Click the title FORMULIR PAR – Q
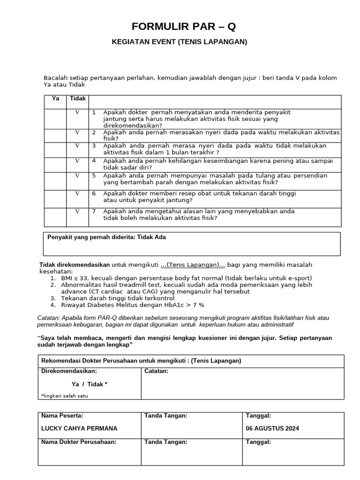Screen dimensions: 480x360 click(180, 26)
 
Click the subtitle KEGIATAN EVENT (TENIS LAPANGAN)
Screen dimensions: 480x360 click(180, 42)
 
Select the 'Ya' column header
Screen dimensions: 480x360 click(56, 98)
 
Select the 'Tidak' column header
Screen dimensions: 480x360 click(78, 98)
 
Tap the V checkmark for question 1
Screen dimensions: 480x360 click(78, 112)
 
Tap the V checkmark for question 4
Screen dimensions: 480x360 click(78, 161)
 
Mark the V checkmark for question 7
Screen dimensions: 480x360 click(78, 211)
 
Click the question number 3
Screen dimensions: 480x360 click(94, 146)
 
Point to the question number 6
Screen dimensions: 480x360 click(94, 194)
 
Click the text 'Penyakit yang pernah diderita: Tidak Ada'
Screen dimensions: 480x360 click(107, 237)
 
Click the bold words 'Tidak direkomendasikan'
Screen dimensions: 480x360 click(75, 265)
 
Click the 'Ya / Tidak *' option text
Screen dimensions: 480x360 click(90, 384)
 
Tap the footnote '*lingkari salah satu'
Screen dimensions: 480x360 click(65, 396)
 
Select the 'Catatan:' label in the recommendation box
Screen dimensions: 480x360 click(157, 371)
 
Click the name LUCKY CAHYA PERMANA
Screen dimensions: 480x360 click(79, 428)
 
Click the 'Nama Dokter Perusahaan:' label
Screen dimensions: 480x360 click(79, 442)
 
